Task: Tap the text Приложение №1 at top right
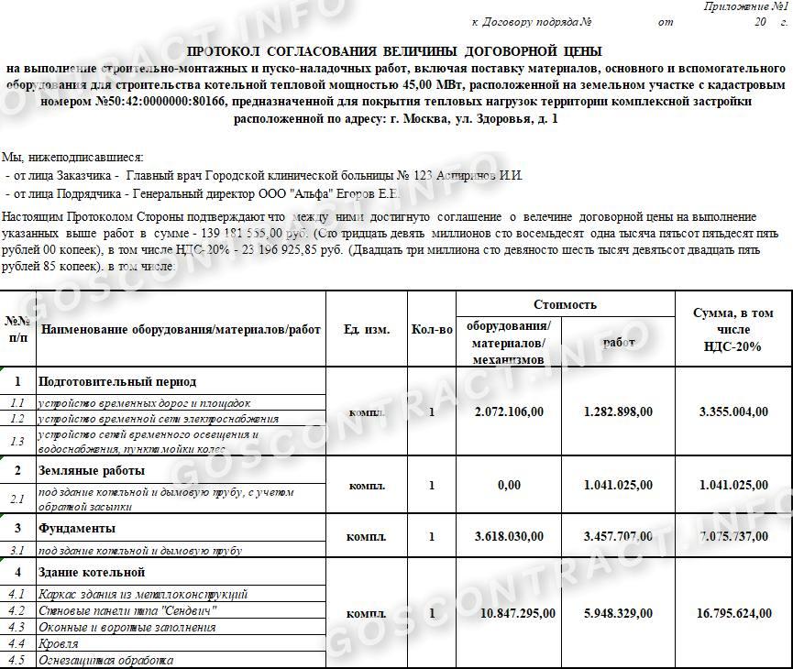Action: point(744,6)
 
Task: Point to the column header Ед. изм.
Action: point(367,330)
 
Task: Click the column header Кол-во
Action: point(432,330)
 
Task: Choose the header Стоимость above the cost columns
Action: point(565,304)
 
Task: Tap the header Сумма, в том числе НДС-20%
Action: point(733,329)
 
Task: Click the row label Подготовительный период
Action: point(117,381)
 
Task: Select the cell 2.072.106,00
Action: point(509,412)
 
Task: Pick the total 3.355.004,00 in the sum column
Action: point(733,412)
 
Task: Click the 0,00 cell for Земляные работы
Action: point(509,485)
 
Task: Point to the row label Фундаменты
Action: point(77,529)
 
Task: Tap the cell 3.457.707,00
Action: point(618,536)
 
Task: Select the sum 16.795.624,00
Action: point(733,613)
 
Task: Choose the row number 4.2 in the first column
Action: point(17,610)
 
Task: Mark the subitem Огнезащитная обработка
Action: point(105,660)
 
